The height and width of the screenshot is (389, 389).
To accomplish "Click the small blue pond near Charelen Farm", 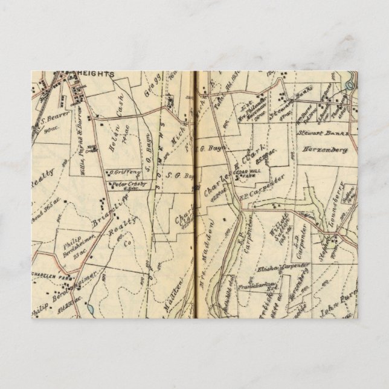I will point(90,307).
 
